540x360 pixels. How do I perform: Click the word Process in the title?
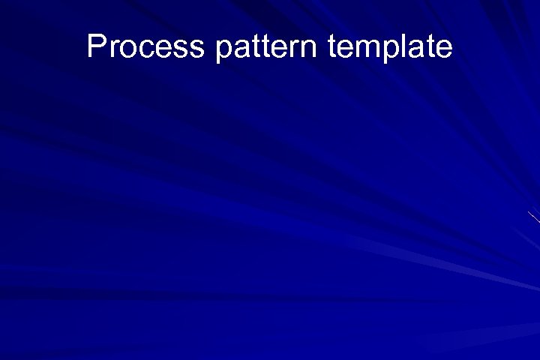(x=145, y=46)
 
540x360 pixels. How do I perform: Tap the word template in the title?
(x=390, y=46)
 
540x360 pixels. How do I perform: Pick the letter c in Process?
(x=140, y=49)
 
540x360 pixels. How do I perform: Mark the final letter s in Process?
(x=196, y=49)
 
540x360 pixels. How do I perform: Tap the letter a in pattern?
(x=241, y=49)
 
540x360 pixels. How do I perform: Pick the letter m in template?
(x=365, y=49)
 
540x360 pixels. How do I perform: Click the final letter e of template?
(x=444, y=49)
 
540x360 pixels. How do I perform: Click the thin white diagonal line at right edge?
(x=534, y=217)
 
